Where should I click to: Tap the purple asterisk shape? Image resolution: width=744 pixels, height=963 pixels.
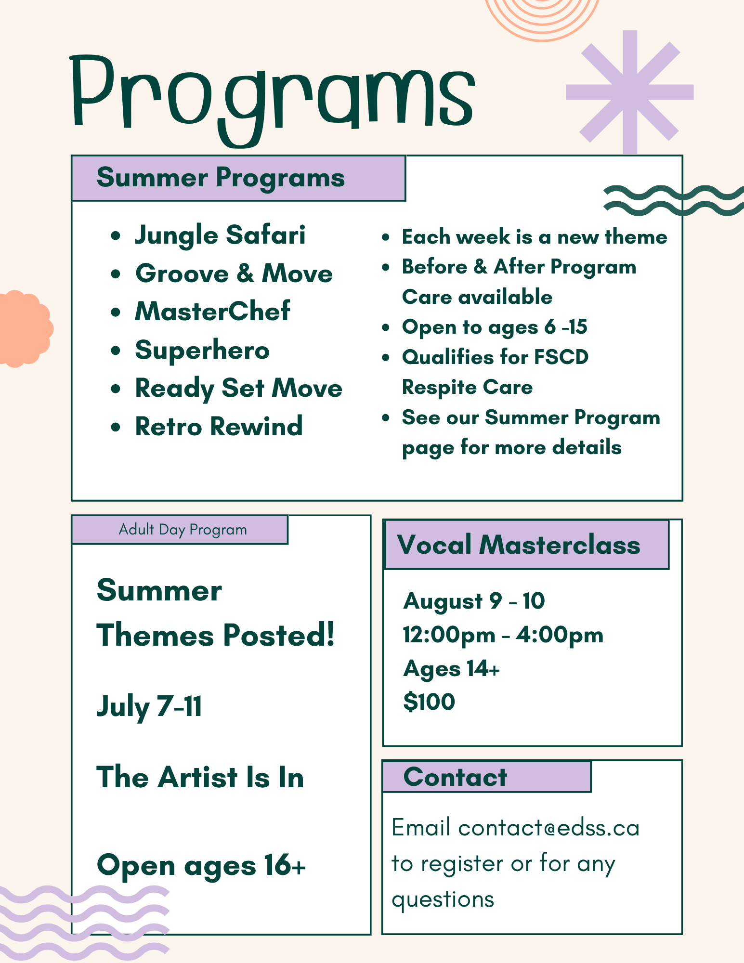pos(630,92)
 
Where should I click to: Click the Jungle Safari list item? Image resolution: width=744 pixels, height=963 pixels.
pos(220,236)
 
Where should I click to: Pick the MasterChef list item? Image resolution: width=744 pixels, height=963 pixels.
pos(212,311)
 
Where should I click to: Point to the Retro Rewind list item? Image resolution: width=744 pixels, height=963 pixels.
pos(219,426)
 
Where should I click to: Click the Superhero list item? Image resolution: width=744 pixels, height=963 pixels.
pos(202,351)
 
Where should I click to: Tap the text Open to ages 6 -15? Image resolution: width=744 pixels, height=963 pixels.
pos(495,327)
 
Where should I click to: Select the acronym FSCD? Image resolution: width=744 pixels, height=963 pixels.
pos(561,357)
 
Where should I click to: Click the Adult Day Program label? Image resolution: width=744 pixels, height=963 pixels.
pos(183,530)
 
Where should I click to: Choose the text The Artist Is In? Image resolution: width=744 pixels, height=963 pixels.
pos(200,778)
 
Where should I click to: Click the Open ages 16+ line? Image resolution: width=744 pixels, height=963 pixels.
pos(201,866)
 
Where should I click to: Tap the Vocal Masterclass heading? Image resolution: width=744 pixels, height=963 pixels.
pos(519,545)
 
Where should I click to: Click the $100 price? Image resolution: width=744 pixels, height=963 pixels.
pos(429,702)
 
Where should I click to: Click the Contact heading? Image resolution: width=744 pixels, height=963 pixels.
pos(455,777)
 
